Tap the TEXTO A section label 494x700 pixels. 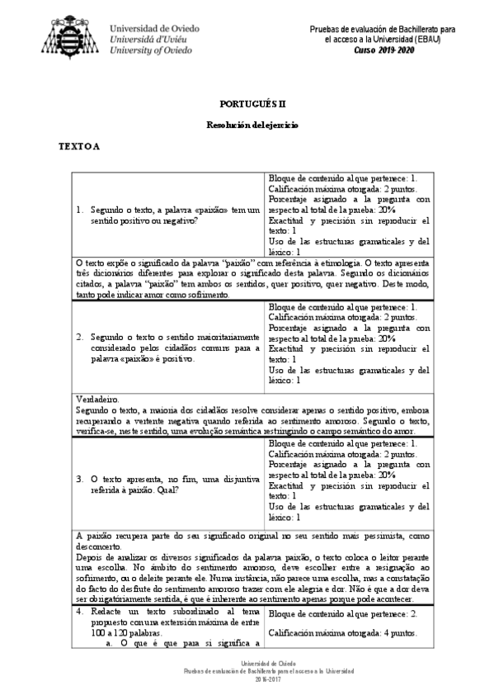coord(78,147)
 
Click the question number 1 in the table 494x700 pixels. coord(78,210)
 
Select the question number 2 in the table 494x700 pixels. coord(78,337)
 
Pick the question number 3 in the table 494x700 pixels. coord(78,478)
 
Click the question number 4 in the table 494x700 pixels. coord(78,612)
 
